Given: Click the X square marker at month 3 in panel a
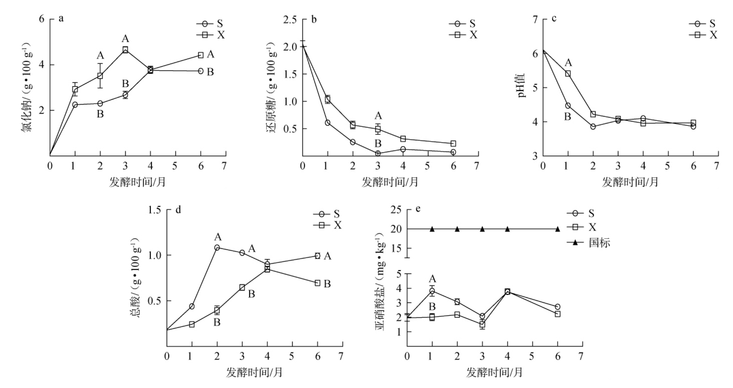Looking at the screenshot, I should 125,50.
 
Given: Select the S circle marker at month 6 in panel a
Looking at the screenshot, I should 201,71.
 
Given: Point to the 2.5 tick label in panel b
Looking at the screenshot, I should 290,20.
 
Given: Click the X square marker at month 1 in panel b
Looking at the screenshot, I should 327,99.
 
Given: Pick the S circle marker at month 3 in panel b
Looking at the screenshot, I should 378,153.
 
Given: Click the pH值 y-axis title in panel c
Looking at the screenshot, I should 522,86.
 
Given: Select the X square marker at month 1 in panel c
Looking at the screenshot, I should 568,73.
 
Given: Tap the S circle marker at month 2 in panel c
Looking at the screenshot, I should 593,127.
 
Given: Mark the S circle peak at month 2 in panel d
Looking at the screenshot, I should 217,247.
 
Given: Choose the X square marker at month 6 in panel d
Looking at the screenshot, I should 317,283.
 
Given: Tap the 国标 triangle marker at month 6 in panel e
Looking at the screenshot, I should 558,229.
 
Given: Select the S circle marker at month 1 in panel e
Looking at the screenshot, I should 432,291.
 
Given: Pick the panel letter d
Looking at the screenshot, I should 178,210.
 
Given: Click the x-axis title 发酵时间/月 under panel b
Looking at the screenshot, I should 390,182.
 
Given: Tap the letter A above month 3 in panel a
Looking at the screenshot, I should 125,39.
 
